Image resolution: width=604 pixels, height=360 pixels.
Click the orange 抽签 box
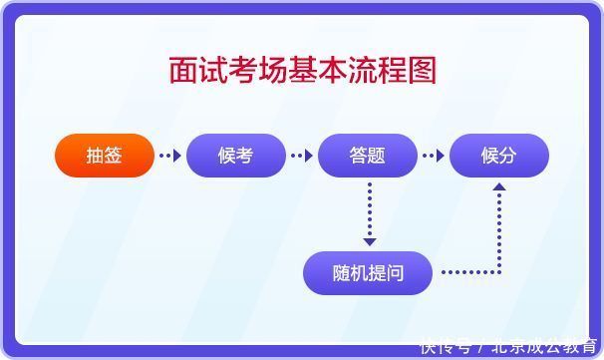coord(105,156)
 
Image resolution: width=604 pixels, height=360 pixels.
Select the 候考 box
coord(236,156)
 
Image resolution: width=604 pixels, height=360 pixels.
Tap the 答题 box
coord(368,156)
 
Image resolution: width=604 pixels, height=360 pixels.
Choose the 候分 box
coord(499,156)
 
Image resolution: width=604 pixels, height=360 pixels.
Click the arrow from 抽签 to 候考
coord(170,156)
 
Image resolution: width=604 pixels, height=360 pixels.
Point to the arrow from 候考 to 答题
coord(302,156)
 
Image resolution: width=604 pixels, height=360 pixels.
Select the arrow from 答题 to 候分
coord(434,156)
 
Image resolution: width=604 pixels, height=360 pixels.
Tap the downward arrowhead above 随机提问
coord(370,240)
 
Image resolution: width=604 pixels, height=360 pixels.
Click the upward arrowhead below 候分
coord(499,186)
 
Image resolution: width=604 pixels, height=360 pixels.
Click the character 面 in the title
coord(182,71)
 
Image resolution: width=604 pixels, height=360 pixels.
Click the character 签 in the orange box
coord(114,156)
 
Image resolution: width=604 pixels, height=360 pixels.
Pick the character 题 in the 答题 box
coord(378,156)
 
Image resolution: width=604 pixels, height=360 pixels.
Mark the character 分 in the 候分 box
coord(509,156)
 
